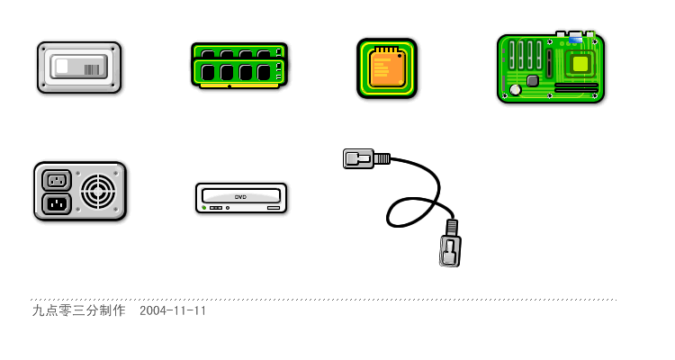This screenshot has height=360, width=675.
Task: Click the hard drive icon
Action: [x=79, y=67]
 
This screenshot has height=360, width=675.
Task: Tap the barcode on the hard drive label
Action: [x=92, y=69]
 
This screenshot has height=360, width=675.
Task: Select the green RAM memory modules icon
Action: [x=239, y=66]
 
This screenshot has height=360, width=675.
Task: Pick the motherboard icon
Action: [x=551, y=67]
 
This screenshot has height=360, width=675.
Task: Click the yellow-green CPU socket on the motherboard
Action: [x=580, y=64]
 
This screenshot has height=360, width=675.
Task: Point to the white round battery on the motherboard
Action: [x=516, y=90]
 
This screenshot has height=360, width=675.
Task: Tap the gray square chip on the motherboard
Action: [x=533, y=80]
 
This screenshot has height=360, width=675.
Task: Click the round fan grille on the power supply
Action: [x=98, y=191]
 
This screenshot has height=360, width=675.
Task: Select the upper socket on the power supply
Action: [x=57, y=180]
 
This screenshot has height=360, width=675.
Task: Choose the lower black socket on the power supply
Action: [x=57, y=203]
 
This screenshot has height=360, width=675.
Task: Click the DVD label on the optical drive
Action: [x=240, y=197]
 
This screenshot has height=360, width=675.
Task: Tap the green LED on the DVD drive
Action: [x=204, y=208]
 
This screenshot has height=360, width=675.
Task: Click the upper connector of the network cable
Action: [x=366, y=158]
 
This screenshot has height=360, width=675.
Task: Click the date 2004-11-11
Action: [x=173, y=310]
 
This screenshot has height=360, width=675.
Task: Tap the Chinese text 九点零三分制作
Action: [x=79, y=310]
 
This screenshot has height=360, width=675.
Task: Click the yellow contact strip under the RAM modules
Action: [x=239, y=85]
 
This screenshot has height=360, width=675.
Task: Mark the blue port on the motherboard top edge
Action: [x=576, y=40]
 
